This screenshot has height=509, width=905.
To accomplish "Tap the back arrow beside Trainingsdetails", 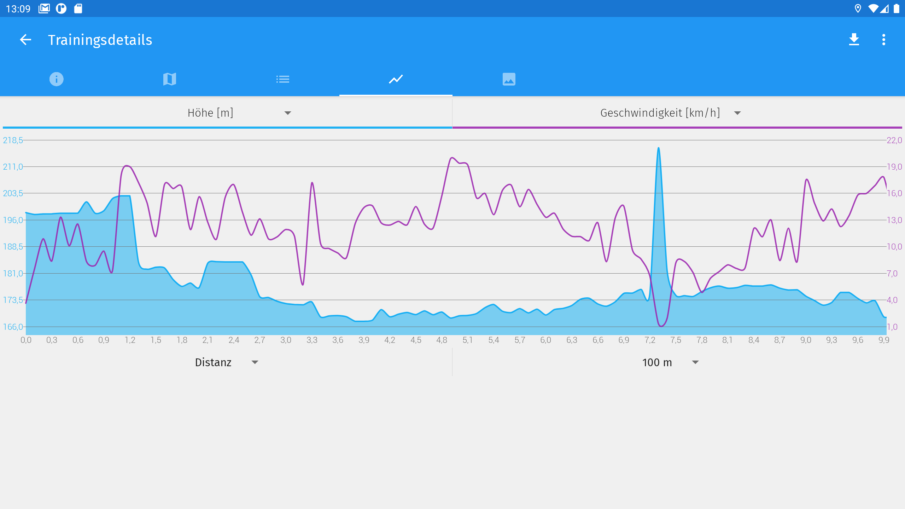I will pyautogui.click(x=25, y=40).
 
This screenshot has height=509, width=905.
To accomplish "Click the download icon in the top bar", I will pyautogui.click(x=854, y=40).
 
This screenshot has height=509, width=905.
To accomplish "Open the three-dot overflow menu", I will pyautogui.click(x=883, y=40).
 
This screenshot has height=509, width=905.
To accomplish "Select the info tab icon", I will pyautogui.click(x=57, y=79).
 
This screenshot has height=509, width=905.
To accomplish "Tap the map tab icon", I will pyautogui.click(x=170, y=79).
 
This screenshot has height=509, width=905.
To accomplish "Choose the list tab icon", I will pyautogui.click(x=283, y=79).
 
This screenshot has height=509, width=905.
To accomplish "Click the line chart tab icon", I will pyautogui.click(x=396, y=79).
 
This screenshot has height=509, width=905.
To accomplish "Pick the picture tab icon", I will pyautogui.click(x=509, y=79).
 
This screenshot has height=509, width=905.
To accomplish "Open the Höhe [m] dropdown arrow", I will pyautogui.click(x=288, y=113).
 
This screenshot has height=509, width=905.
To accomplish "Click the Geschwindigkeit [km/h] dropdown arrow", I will pyautogui.click(x=737, y=113).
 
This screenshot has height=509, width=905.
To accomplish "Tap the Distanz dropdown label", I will pyautogui.click(x=213, y=362).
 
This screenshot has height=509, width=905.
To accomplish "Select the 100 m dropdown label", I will pyautogui.click(x=657, y=362).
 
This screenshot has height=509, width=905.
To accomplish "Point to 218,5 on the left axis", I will pyautogui.click(x=13, y=140).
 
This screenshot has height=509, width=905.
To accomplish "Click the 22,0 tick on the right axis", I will pyautogui.click(x=894, y=140).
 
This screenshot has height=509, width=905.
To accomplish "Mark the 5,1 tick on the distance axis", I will pyautogui.click(x=467, y=340).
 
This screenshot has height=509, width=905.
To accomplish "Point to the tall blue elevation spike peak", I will pyautogui.click(x=658, y=148).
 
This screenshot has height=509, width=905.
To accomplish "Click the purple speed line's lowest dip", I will pyautogui.click(x=661, y=326).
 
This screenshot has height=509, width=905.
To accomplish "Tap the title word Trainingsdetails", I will pyautogui.click(x=100, y=40).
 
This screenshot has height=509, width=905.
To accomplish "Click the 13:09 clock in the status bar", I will pyautogui.click(x=18, y=8).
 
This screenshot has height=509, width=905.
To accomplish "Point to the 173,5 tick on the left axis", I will pyautogui.click(x=13, y=300).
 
